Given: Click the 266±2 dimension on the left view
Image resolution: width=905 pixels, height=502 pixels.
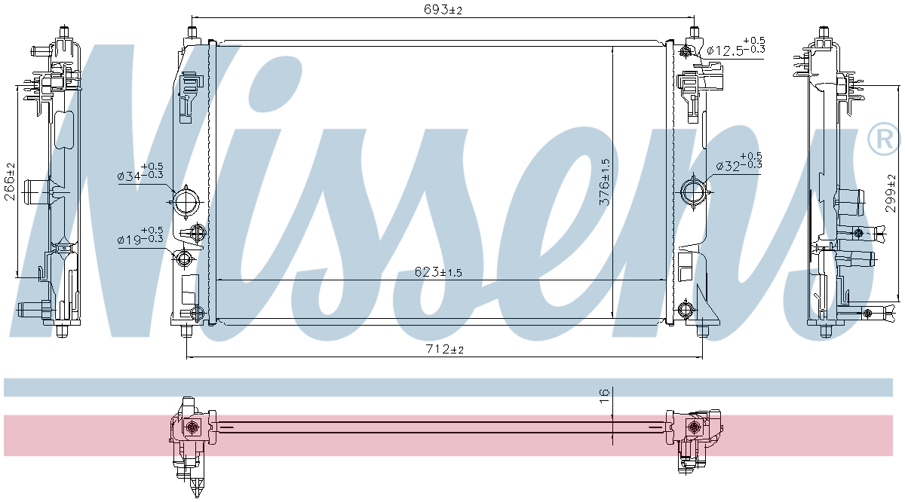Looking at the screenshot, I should point(10,181).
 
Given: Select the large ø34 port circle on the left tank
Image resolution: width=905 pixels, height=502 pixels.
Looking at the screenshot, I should point(185,201).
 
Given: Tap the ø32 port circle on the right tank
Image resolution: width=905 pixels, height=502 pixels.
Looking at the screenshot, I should point(693,190).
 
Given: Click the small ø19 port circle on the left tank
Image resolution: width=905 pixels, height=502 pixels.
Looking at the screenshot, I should point(183,260).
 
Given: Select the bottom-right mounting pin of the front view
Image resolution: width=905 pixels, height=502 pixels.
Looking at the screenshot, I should point(702,330).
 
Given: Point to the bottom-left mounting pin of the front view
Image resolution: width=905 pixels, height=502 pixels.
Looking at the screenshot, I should point(187,330).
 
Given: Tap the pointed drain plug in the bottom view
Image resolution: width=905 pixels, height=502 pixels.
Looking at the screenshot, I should point(198,486).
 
